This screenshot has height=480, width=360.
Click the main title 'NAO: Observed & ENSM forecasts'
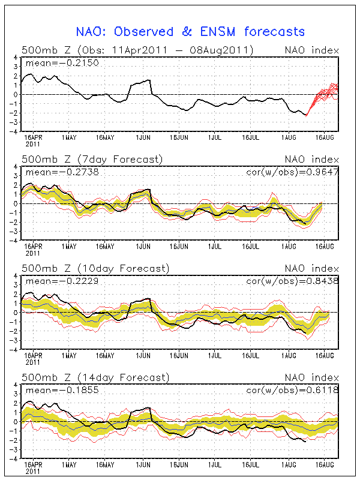pos(190,32)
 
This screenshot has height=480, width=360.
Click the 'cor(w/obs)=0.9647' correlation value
pos(292,172)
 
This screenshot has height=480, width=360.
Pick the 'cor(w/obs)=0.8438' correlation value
pos(292,281)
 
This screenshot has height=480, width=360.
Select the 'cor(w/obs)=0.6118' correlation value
pos(292,390)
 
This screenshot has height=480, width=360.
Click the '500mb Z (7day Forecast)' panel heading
pos(92,159)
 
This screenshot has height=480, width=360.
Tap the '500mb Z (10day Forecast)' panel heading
pos(95,268)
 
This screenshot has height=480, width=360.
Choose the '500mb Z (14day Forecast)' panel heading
pos(95,377)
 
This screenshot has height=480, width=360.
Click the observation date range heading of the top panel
pos(137,50)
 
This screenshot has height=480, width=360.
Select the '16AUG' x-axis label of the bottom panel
pos(325,464)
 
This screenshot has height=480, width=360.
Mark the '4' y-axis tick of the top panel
pos(17,58)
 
